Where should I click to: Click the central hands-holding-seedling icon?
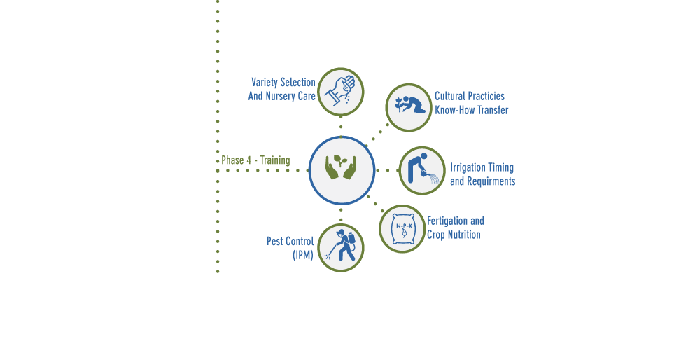[341, 167]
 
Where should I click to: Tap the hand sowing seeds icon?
[341, 91]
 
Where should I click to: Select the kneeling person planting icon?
[409, 105]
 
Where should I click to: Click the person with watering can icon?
[423, 169]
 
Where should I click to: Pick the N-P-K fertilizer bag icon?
[402, 229]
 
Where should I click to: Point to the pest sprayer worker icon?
[341, 246]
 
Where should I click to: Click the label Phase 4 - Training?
[255, 160]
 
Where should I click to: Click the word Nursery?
[280, 96]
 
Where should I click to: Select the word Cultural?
[450, 96]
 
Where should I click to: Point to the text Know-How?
[455, 110]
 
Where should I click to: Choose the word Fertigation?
[448, 221]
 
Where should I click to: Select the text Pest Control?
[290, 241]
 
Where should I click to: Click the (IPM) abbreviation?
[303, 255]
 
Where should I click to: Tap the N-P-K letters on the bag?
[405, 226]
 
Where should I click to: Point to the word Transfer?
[493, 110]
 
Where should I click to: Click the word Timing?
[501, 167]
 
